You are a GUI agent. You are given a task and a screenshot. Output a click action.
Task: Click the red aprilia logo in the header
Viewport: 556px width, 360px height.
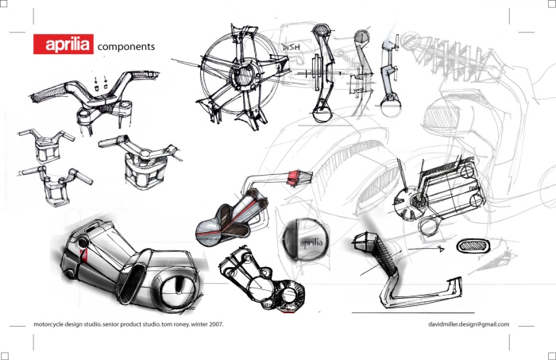point(63,45)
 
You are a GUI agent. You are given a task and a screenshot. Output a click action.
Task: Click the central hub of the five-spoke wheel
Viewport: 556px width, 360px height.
point(240,78)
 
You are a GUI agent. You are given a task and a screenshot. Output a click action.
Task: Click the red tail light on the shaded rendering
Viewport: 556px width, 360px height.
point(82,255)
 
